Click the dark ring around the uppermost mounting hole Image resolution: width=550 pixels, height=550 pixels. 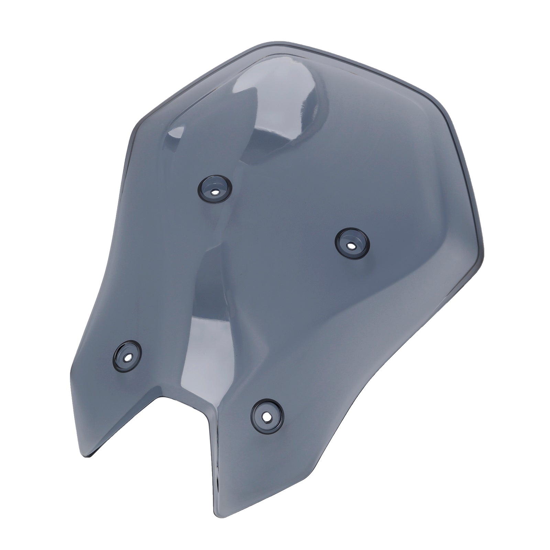tap(206, 186)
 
